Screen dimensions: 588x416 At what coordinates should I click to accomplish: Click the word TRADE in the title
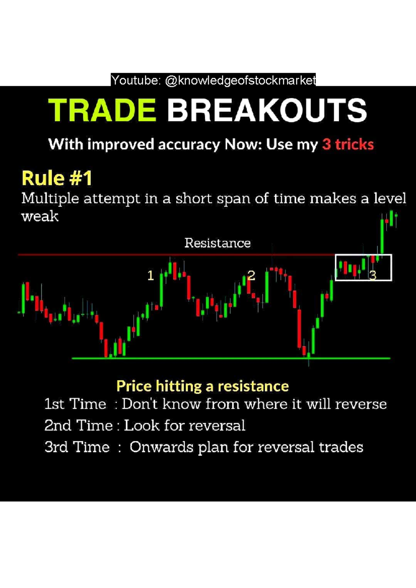[x=102, y=110]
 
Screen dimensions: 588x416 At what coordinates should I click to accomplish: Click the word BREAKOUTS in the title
[x=267, y=110]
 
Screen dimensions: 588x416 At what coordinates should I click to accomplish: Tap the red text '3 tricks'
[x=348, y=144]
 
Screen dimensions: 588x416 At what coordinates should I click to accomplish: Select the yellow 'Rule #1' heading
[x=57, y=178]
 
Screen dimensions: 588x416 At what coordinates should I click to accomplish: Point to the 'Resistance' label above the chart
[x=217, y=243]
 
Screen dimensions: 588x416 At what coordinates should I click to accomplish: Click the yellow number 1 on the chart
[x=150, y=276]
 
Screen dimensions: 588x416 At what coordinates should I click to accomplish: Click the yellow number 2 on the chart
[x=251, y=275]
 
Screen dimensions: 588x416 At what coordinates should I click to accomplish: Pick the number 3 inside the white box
[x=373, y=276]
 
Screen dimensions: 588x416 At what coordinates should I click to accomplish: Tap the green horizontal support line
[x=208, y=358]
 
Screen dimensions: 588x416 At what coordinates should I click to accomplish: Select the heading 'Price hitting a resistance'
[x=202, y=386]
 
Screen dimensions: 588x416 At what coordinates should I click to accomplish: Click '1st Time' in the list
[x=75, y=404]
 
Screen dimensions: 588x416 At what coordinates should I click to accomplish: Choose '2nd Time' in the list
[x=79, y=426]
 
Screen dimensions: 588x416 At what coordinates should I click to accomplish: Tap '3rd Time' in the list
[x=77, y=447]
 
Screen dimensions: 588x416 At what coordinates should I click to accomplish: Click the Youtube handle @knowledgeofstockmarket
[x=240, y=80]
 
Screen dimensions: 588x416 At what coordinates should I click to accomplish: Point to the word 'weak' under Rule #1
[x=40, y=216]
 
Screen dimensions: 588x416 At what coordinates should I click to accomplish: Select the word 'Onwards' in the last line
[x=161, y=447]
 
